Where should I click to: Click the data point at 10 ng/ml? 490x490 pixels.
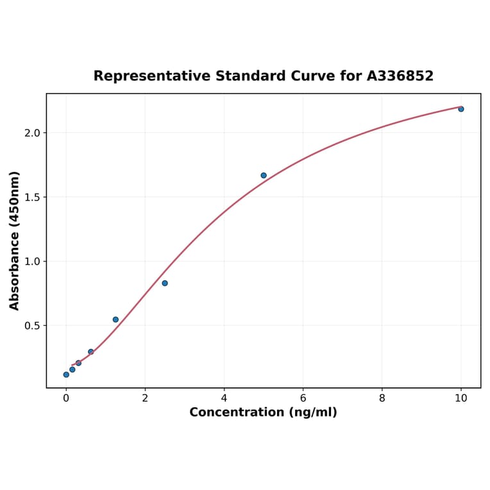[460, 109]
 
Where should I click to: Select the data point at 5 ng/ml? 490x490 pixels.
[264, 175]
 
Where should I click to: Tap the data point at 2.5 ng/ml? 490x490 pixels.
[165, 283]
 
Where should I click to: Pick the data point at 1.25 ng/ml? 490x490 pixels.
[115, 319]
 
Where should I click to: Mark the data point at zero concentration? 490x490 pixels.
[66, 375]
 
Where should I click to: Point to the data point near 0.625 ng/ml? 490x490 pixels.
[91, 351]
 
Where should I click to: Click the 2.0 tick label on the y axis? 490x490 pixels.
[31, 133]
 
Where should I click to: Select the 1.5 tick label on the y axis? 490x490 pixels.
[31, 197]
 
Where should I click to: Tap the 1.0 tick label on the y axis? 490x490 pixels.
[31, 261]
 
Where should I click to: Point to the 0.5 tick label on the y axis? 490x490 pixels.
[31, 325]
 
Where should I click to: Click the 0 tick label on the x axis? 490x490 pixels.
[66, 398]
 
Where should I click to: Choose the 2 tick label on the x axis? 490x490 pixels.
[145, 398]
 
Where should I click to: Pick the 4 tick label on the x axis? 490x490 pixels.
[224, 398]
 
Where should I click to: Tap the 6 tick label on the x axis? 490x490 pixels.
[303, 398]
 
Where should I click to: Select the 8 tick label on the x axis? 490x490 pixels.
[382, 398]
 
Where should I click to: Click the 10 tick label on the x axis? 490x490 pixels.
[460, 398]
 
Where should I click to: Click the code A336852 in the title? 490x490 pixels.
[400, 76]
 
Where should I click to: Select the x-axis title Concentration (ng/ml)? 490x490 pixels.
[263, 412]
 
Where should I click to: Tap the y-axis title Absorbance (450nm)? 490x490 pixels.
[15, 241]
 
